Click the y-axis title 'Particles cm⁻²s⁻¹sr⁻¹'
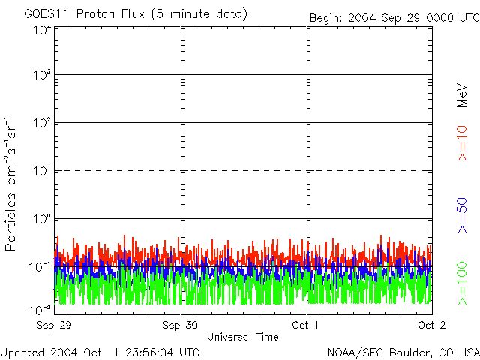[12, 184]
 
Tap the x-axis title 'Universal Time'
[242, 337]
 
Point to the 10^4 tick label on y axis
[42, 29]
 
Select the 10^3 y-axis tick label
[42, 75]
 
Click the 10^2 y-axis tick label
[42, 122]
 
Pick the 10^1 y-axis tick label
[42, 170]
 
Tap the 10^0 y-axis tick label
[42, 218]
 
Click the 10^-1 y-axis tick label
[42, 266]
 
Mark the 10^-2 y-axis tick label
[42, 310]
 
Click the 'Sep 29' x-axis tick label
[55, 325]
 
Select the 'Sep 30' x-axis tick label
[180, 325]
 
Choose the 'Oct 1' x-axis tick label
[306, 325]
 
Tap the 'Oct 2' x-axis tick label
[431, 325]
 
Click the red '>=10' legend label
[463, 142]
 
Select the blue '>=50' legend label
[463, 214]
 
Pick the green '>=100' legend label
[463, 283]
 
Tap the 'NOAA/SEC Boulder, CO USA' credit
[403, 352]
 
